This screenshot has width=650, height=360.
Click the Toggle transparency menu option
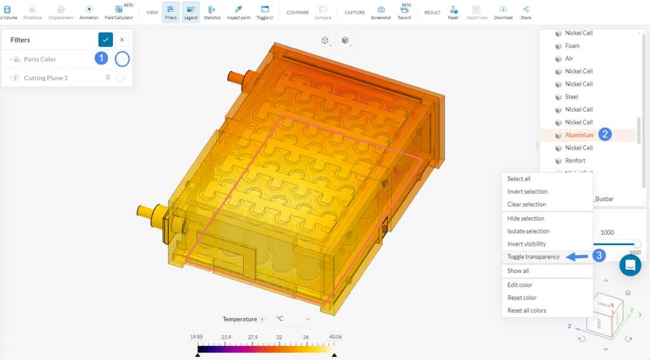pos(533,257)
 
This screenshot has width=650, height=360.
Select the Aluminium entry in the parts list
pos(579,135)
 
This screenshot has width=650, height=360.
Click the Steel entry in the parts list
pos(571,97)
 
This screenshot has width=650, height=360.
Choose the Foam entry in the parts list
pos(572,46)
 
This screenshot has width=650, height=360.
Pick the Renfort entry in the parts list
pos(575,161)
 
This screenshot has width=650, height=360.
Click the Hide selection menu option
pos(526,218)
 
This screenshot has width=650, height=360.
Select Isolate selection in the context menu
pos(528,231)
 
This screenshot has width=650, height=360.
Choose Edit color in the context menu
pos(519,285)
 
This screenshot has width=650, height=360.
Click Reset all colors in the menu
pos(527,310)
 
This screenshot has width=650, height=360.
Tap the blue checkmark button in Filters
pos(105,39)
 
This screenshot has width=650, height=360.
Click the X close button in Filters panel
pos(123,39)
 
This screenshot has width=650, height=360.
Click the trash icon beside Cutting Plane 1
pos(108,77)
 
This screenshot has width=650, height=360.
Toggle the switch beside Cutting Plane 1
pos(121,77)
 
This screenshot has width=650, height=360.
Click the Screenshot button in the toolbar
pos(381,12)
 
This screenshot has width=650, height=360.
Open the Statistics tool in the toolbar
pos(211,12)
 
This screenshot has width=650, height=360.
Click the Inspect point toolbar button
pos(239,12)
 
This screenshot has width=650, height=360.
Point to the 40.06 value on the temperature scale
pos(336,337)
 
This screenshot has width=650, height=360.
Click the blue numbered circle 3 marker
pos(597,255)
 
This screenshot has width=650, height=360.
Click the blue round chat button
pos(630,265)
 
